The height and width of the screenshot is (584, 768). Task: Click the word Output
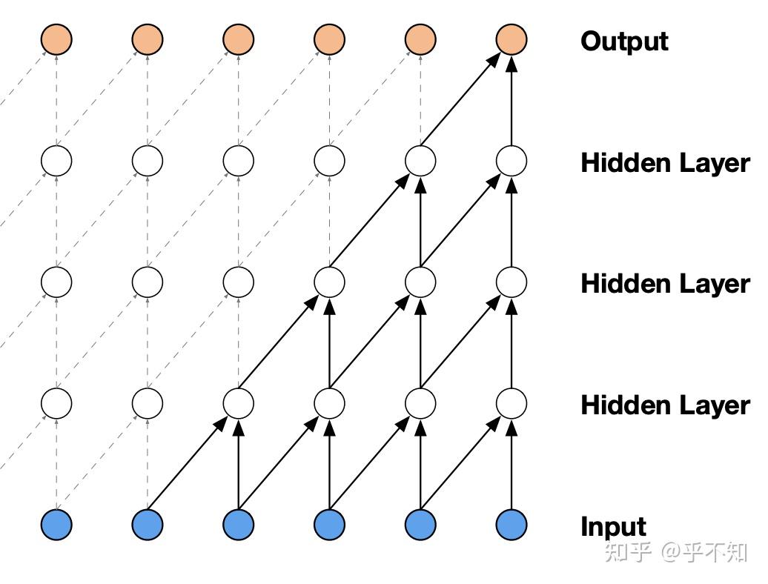click(624, 42)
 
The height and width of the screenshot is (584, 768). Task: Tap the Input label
click(613, 526)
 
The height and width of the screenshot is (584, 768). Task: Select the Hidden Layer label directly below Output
click(665, 162)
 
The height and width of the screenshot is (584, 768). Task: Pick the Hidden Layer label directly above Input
click(665, 405)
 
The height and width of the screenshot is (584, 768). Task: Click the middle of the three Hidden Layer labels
click(665, 283)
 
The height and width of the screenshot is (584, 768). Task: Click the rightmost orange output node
click(511, 39)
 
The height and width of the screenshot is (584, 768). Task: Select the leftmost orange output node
click(56, 39)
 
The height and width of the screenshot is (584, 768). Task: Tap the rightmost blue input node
click(511, 525)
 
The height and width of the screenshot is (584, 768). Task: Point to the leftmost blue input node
click(56, 525)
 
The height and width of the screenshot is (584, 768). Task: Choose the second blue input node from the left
click(148, 525)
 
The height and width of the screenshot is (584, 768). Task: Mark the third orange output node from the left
click(238, 39)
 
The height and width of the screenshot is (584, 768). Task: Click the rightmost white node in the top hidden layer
click(511, 160)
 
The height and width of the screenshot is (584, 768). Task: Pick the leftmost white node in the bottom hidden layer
click(56, 403)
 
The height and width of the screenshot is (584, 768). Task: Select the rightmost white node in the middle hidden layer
click(511, 282)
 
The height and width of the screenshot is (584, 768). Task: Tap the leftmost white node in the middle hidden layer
click(56, 282)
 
